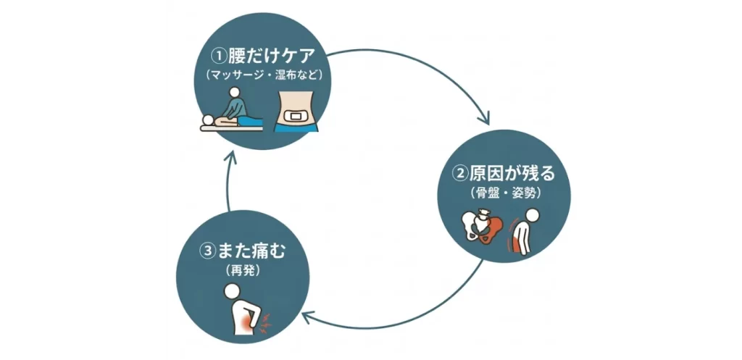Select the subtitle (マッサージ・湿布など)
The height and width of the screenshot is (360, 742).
[264, 75]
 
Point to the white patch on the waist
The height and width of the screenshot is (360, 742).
[296, 115]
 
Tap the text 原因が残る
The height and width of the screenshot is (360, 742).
[512, 174]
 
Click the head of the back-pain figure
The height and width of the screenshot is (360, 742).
[232, 291]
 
